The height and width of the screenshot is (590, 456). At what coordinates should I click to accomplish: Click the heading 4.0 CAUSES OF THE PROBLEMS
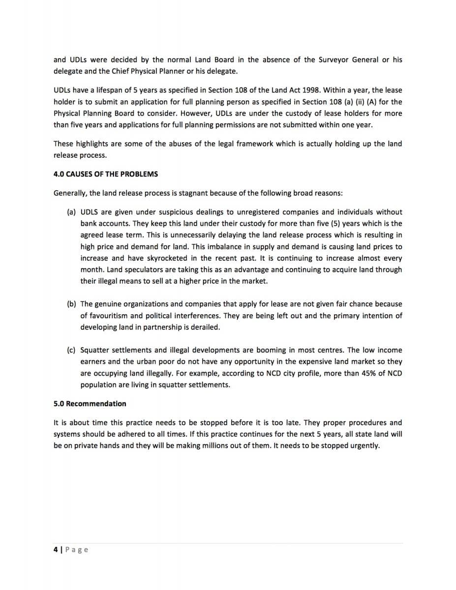tap(106, 174)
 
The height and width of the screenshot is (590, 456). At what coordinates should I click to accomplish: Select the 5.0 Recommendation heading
tap(90, 404)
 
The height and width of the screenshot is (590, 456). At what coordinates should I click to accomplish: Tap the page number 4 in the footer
tap(56, 549)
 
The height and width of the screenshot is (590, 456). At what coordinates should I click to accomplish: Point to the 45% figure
tap(360, 373)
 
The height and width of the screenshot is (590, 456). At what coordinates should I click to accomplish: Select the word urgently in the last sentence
tap(365, 445)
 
